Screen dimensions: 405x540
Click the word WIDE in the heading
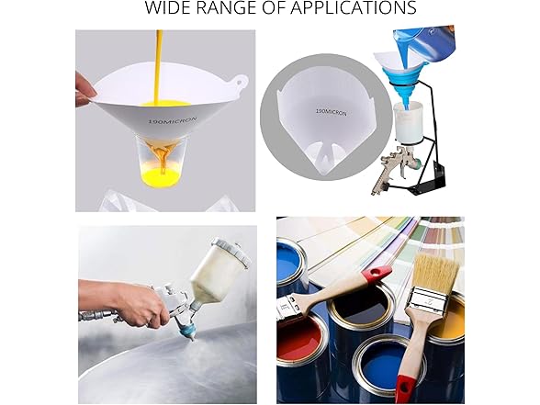coord(170,9)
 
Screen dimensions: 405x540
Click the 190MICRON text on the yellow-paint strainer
coord(164,119)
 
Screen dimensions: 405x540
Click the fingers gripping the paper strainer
coord(85,89)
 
